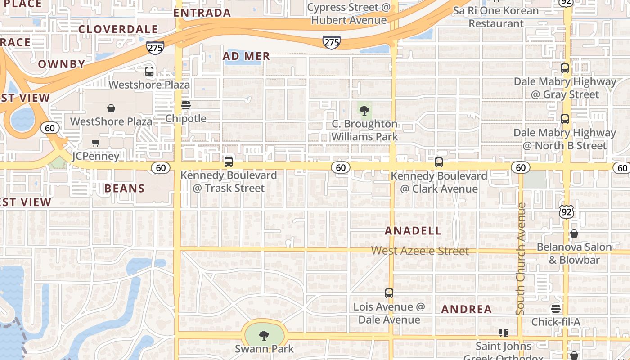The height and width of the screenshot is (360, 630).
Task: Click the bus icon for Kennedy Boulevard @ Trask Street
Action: pyautogui.click(x=229, y=162)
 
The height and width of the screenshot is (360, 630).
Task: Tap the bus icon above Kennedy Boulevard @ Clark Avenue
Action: pyautogui.click(x=439, y=162)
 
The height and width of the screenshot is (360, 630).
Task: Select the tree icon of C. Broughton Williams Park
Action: pyautogui.click(x=364, y=110)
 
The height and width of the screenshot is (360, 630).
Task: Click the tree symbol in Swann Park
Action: pyautogui.click(x=264, y=335)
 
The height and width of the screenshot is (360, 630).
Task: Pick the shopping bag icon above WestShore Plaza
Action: pyautogui.click(x=111, y=108)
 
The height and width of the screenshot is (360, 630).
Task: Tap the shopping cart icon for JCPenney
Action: pyautogui.click(x=95, y=143)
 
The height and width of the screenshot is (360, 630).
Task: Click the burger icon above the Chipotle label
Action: pyautogui.click(x=186, y=105)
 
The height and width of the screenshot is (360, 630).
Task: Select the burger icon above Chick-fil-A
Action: pyautogui.click(x=556, y=309)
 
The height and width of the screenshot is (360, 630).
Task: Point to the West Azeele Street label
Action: pyautogui.click(x=420, y=251)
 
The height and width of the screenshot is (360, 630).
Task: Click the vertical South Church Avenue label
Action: pyautogui.click(x=521, y=259)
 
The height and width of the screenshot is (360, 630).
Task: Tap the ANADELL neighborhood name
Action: pyautogui.click(x=413, y=231)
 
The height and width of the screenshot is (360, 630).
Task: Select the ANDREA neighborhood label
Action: pyautogui.click(x=466, y=309)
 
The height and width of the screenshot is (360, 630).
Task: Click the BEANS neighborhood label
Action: pyautogui.click(x=125, y=188)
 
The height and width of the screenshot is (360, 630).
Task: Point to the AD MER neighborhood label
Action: pyautogui.click(x=246, y=56)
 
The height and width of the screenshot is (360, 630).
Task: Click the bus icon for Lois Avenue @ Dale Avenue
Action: pyautogui.click(x=389, y=293)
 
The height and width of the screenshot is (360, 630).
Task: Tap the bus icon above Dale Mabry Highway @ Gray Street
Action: pyautogui.click(x=565, y=68)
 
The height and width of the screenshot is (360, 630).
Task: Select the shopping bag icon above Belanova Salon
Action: pyautogui.click(x=574, y=234)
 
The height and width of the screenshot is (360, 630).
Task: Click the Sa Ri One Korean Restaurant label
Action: pyautogui.click(x=496, y=17)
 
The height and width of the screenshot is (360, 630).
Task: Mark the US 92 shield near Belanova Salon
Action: pyautogui.click(x=567, y=212)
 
